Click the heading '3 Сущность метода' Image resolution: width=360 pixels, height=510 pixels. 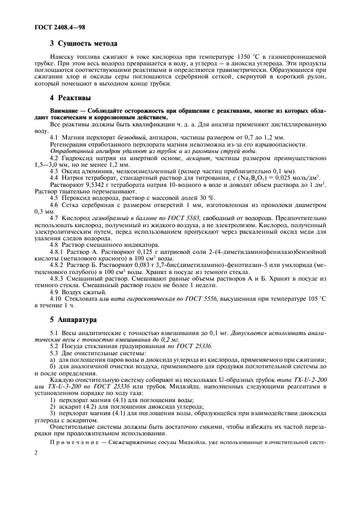click(x=83, y=43)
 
